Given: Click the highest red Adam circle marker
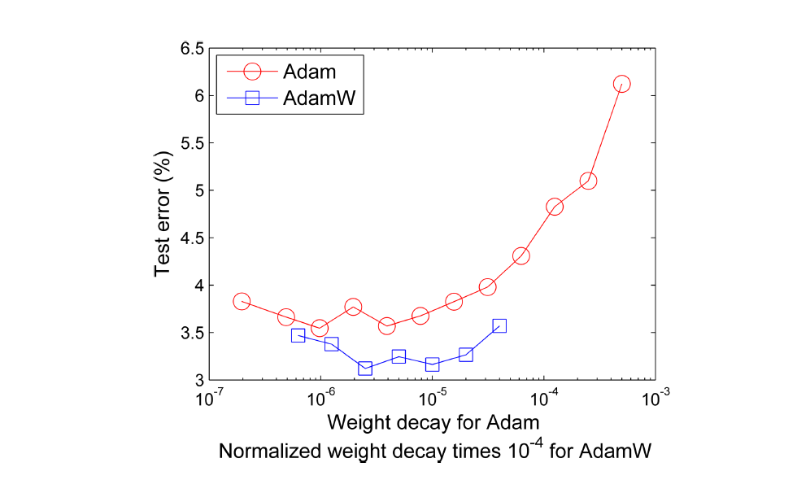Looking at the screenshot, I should point(622,84).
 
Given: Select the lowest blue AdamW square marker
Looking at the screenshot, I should point(365,369).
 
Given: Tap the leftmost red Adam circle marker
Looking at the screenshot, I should point(242,301).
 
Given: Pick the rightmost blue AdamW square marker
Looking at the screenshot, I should point(499,325).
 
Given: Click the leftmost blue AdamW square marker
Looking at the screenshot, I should point(298,335).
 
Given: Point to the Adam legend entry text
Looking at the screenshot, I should point(309,71).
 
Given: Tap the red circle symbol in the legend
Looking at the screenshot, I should point(251,71).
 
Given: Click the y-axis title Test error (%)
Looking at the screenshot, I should point(163,213).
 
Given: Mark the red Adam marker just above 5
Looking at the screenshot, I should point(588,181).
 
